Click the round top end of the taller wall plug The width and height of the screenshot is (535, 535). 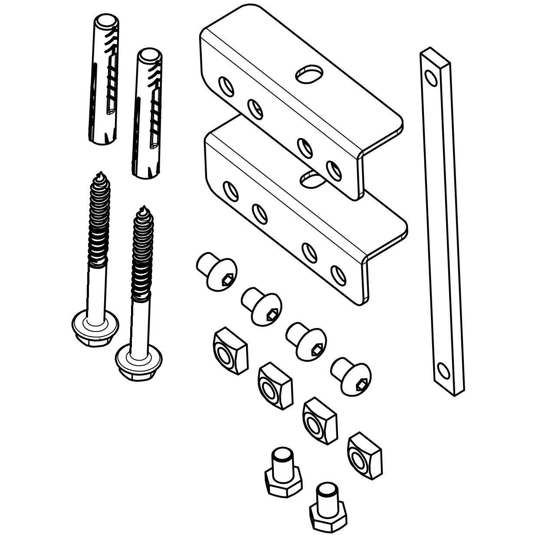(x=105, y=22)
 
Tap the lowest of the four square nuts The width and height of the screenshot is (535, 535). (x=364, y=453)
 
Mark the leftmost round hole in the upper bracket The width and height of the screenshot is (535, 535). (x=225, y=85)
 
